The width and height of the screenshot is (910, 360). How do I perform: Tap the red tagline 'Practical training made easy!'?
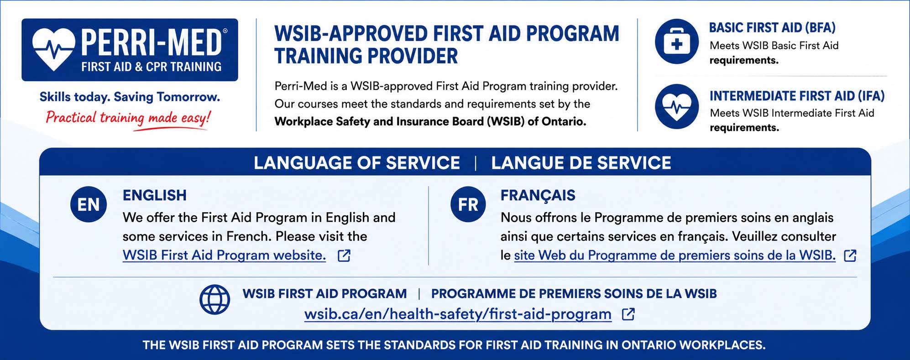[128, 118]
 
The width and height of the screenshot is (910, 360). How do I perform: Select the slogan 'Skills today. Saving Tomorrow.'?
[130, 97]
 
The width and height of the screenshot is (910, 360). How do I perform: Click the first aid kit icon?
[677, 42]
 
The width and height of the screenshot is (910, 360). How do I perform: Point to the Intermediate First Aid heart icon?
[677, 107]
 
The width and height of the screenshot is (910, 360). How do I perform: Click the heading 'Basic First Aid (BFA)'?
[772, 28]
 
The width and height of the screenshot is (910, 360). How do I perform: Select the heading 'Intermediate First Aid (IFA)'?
[797, 96]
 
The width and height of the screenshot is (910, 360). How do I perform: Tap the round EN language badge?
[89, 204]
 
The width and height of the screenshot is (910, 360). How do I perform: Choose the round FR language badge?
[468, 204]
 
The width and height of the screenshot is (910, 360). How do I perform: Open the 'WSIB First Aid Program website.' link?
[224, 255]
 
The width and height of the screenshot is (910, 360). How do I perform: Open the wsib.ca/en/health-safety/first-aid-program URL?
[458, 314]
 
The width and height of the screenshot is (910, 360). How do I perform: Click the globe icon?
[215, 299]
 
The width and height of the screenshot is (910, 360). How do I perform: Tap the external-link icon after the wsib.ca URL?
[628, 314]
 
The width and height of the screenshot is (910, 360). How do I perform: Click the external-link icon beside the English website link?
[344, 256]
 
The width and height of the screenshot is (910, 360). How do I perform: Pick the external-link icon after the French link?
[850, 256]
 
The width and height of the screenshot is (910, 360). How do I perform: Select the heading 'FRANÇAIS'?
[538, 195]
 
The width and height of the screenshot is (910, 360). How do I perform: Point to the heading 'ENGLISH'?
[155, 195]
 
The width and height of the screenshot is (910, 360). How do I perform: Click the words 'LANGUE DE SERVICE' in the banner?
[581, 163]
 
